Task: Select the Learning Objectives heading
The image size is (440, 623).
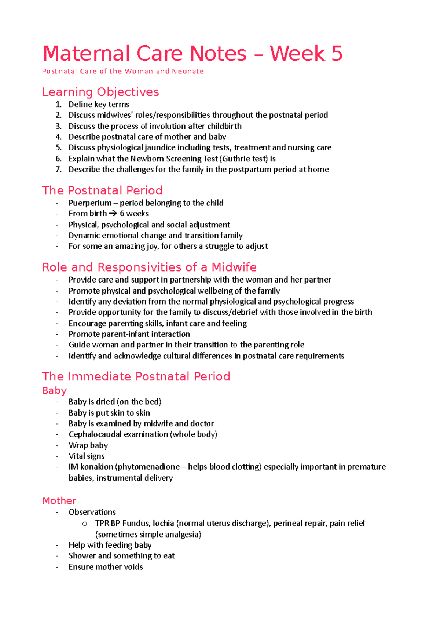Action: [x=100, y=92]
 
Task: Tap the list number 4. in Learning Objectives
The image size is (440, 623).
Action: [x=59, y=137]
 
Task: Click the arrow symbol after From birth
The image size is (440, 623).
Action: [x=113, y=214]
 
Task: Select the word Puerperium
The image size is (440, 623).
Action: [x=90, y=203]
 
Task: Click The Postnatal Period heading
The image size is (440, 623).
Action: [x=102, y=190]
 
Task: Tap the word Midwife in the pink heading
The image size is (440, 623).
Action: [x=234, y=267]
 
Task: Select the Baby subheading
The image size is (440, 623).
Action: [x=54, y=390]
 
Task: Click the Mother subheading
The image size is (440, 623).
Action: [x=59, y=501]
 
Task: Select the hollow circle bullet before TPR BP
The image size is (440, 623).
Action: [x=85, y=524]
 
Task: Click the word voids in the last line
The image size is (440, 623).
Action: [x=133, y=567]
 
